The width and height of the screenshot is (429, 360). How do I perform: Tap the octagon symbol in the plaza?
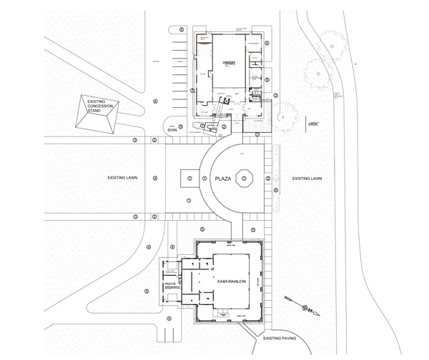pos(245,177)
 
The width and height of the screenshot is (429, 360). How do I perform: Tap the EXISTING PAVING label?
pos(281,339)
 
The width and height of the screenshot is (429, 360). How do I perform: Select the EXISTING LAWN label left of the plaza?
pos(122,177)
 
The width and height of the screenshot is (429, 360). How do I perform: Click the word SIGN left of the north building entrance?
pos(172,130)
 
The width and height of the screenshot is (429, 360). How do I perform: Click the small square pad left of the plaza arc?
pos(189,177)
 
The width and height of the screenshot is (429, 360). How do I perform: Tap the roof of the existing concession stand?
pos(97,114)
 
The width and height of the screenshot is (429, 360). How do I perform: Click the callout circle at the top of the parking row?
pos(182,29)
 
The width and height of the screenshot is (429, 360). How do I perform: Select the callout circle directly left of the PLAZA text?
pos(205,178)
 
